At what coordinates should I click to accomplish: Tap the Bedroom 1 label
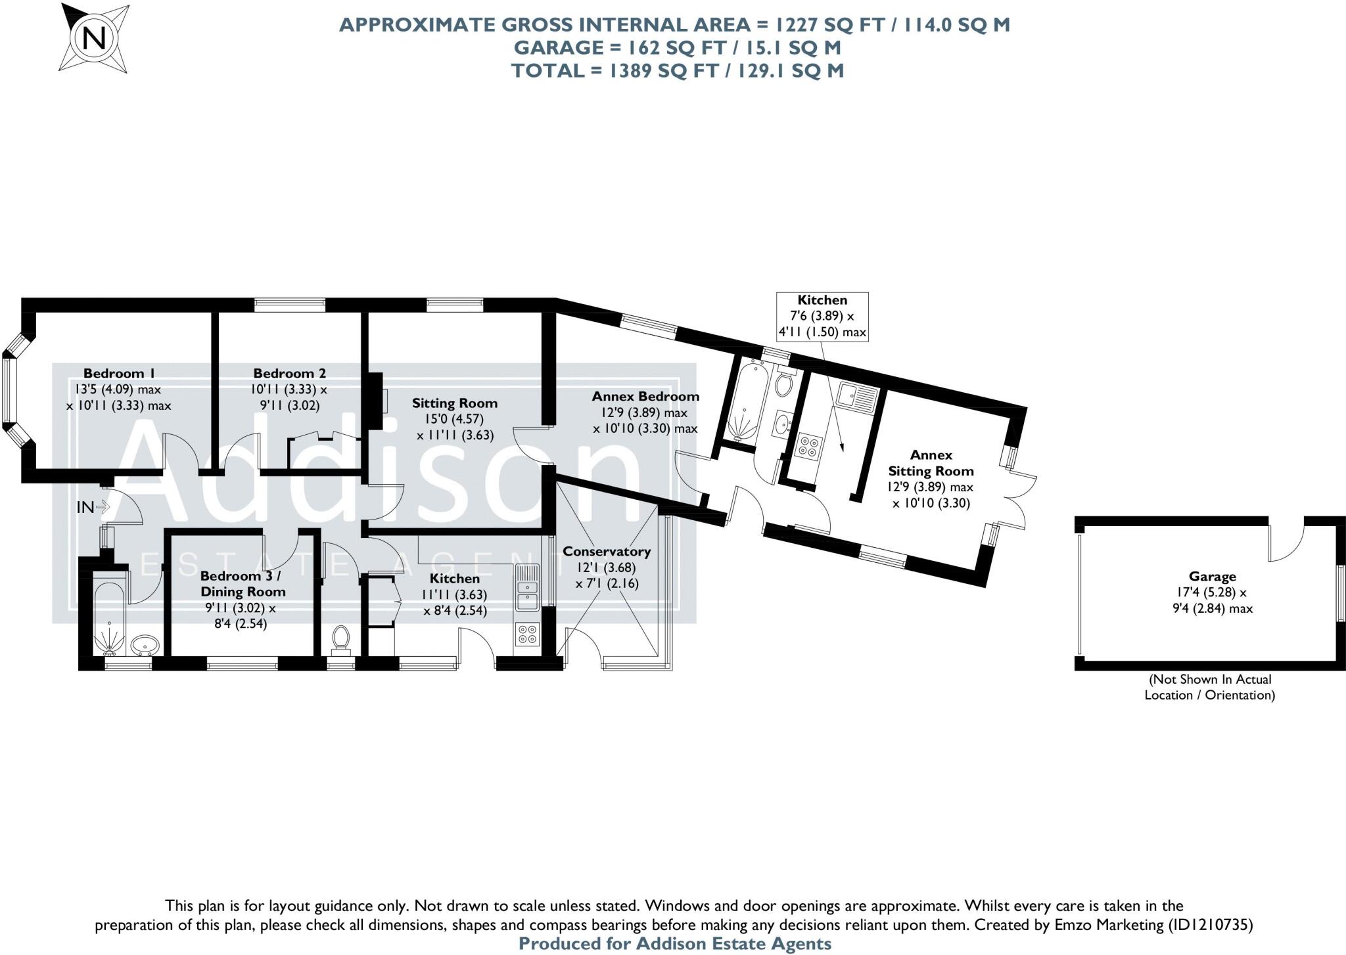[x=118, y=373]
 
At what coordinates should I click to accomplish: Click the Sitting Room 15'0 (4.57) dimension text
[x=454, y=419]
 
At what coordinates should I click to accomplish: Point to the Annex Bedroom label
[x=645, y=396]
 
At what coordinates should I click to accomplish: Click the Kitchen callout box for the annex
[x=822, y=316]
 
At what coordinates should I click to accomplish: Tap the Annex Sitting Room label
[x=931, y=462]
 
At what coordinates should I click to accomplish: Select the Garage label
[x=1212, y=576]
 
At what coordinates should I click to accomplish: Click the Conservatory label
[x=606, y=551]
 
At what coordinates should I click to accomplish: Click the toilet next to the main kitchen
[x=340, y=638]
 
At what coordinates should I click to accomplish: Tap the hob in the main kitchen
[x=527, y=634]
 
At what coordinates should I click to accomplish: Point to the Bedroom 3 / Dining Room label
[x=243, y=583]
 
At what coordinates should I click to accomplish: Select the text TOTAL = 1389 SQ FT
[x=677, y=70]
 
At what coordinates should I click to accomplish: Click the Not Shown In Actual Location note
[x=1209, y=687]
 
